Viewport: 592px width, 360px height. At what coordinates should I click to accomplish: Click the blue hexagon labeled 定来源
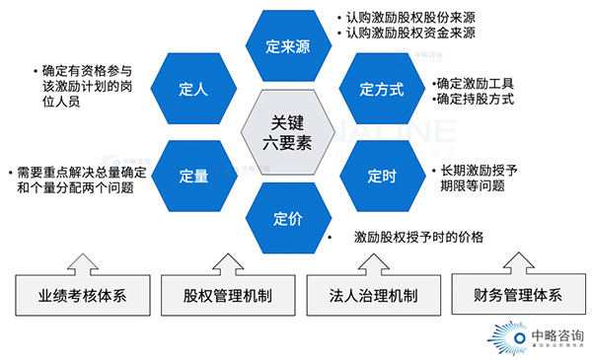pyautogui.click(x=287, y=45)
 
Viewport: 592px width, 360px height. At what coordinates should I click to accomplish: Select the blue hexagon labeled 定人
pyautogui.click(x=194, y=90)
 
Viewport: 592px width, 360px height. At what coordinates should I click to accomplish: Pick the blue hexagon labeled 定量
pyautogui.click(x=194, y=176)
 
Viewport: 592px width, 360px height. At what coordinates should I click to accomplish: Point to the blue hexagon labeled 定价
pyautogui.click(x=287, y=219)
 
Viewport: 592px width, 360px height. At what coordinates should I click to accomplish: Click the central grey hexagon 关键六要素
pyautogui.click(x=288, y=132)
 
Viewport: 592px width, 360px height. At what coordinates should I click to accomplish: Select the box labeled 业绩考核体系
pyautogui.click(x=80, y=295)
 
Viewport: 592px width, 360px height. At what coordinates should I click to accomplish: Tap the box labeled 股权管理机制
pyautogui.click(x=224, y=295)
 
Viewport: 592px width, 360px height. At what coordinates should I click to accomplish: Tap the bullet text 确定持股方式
pyautogui.click(x=474, y=100)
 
